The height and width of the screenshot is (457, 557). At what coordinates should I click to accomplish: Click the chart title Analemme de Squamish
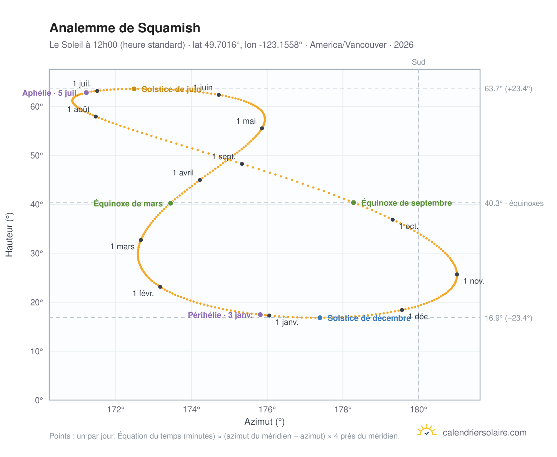tap(124, 28)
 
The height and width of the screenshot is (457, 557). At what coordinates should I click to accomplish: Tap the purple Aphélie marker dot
tap(86, 92)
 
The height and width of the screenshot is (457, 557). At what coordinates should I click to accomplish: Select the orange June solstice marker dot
tap(134, 89)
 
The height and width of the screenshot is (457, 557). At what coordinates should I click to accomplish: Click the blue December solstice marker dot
tap(319, 317)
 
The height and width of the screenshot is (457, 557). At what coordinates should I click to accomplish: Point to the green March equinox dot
tap(170, 203)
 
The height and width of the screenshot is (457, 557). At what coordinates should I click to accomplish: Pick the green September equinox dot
tap(353, 202)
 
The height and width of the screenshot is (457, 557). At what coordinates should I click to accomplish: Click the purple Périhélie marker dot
tap(260, 314)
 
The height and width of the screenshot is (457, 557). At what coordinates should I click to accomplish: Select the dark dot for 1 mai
tap(262, 128)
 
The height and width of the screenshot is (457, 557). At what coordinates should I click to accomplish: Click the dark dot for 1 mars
tap(140, 240)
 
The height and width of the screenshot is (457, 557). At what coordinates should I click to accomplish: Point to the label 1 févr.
tap(143, 293)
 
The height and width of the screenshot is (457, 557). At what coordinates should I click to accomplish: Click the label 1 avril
tap(183, 172)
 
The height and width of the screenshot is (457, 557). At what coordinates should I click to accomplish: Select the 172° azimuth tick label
tap(115, 409)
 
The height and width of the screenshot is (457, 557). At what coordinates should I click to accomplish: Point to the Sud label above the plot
tap(418, 62)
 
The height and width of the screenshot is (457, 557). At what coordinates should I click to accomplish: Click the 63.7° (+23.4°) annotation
tap(508, 88)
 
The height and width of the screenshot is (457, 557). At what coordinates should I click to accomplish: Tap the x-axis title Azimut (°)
tap(264, 421)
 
